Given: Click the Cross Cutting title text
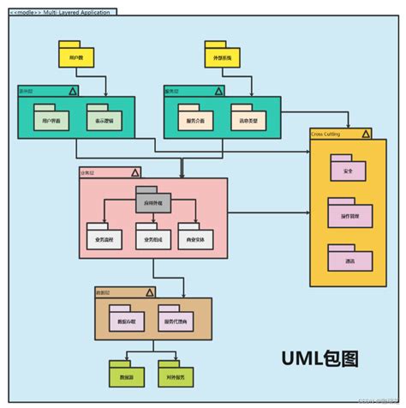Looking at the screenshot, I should tap(326, 133).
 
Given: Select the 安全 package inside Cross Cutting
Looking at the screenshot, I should tap(348, 170).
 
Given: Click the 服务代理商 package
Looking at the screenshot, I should tap(176, 320).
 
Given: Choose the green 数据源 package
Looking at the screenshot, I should tap(127, 375).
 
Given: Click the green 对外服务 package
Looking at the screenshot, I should tap(176, 375).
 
